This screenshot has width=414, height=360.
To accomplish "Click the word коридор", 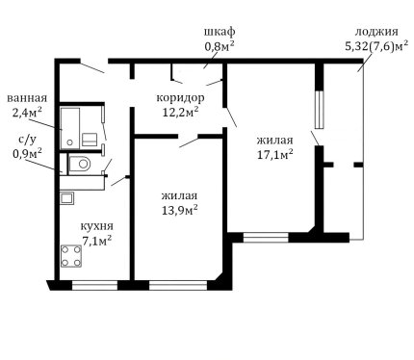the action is (x=180, y=97).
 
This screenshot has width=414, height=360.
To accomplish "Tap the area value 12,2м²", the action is (x=181, y=112).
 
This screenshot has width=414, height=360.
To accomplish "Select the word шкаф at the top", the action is (x=220, y=32).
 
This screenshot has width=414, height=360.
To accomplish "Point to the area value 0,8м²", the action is (x=220, y=46).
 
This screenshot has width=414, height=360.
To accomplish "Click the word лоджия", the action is (x=376, y=33).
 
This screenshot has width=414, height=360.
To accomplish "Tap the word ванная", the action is (x=27, y=98).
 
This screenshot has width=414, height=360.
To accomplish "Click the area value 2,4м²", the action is (x=27, y=113).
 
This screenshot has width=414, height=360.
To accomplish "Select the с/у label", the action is (x=27, y=139).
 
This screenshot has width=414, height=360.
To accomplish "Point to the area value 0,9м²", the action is (x=27, y=153).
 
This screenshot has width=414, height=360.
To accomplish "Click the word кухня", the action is (x=96, y=226).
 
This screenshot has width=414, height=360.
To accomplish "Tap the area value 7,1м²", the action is (x=97, y=241).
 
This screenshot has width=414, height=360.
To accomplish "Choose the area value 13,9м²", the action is (x=179, y=211).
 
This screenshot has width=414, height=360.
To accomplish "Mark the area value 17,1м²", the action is (x=275, y=155).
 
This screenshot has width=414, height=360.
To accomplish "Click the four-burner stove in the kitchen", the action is (x=71, y=256).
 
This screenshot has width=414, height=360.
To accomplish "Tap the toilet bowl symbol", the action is (x=80, y=165).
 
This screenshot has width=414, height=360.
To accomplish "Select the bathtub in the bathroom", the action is (x=70, y=128).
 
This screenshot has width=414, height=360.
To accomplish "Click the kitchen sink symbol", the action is (x=67, y=198).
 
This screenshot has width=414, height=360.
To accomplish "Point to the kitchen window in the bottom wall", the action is (x=94, y=285).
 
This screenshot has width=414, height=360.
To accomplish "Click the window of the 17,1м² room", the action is (x=266, y=238).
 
